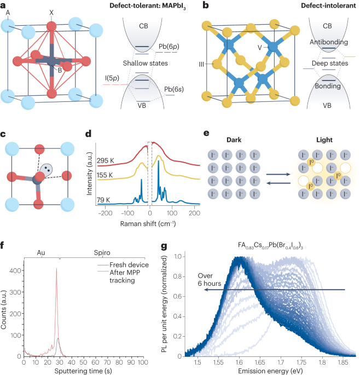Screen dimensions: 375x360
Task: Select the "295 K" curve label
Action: click(106, 160)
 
